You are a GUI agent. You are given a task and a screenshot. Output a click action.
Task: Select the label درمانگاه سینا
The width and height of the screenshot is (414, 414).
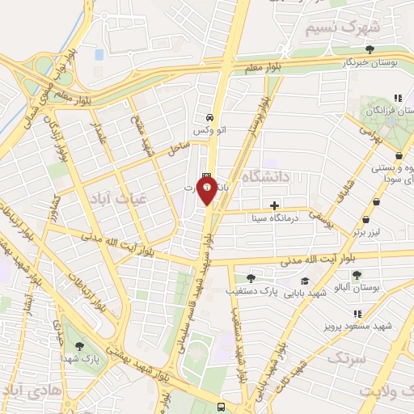tap(275, 218)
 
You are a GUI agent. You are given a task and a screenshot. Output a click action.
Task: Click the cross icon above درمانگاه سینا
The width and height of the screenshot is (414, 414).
tap(275, 205)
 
